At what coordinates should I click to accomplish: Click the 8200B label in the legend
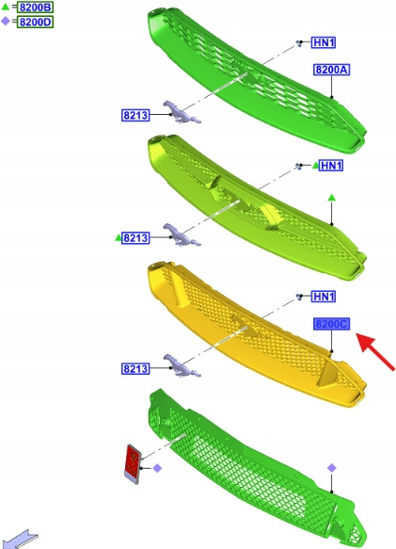pos(36,7)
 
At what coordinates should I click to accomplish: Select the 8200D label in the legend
pos(36,22)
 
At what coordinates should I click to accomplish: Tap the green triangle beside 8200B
pos(6,7)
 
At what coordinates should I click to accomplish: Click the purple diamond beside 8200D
pos(6,22)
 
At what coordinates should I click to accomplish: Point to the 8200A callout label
pos(331,70)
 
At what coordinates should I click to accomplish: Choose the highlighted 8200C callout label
pos(331,324)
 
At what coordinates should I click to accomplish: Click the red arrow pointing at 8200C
pos(375,351)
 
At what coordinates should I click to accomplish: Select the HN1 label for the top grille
pos(324,42)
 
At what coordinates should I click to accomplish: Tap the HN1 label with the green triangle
pos(331,165)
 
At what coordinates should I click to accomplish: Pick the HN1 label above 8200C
pos(324,297)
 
